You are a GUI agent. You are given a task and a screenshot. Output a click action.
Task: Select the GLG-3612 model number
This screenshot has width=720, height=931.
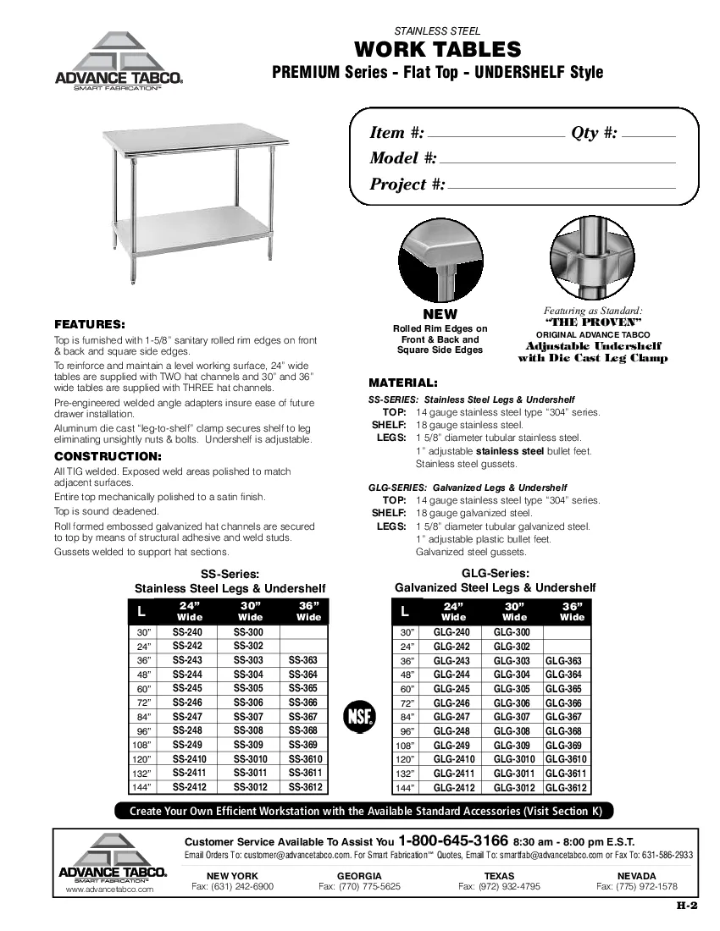pos(566,787)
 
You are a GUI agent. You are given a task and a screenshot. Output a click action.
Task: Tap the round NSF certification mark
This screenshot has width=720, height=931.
pos(358,716)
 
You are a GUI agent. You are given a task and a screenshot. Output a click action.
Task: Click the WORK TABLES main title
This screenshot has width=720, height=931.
pos(437,49)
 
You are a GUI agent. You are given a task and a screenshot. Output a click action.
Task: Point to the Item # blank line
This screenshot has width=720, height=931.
pos(496,135)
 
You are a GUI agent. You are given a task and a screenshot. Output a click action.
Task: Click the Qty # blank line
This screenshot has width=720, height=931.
pos(654,135)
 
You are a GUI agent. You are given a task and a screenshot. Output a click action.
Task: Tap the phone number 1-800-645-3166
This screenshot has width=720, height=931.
pos(453,841)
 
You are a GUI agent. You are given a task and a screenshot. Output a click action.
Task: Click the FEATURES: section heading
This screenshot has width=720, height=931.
pos(90,324)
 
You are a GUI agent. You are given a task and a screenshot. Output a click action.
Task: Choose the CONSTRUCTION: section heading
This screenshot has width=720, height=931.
pos(108,456)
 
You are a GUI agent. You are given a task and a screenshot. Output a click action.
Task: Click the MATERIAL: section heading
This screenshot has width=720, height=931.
pos(403,383)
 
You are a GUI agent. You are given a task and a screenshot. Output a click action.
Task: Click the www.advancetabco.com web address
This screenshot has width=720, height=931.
pos(109,890)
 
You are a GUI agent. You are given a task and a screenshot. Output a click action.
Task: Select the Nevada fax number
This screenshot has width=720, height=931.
pos(636,886)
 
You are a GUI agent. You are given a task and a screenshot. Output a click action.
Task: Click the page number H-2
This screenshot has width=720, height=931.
pos(686,905)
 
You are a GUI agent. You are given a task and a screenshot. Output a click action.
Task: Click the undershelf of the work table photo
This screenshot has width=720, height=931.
pos(199,234)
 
